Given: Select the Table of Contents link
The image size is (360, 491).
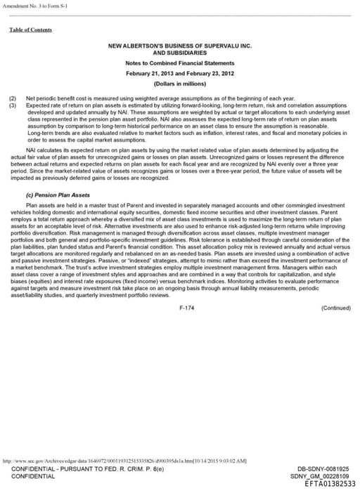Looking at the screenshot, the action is point(30,30).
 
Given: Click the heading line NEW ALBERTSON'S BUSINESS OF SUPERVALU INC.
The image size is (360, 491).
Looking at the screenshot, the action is point(179,46).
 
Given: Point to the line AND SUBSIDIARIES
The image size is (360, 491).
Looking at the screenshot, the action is point(179,53).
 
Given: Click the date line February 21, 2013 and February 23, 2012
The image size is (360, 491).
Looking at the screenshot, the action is point(179,74).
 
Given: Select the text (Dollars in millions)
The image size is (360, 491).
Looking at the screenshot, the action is point(179,84).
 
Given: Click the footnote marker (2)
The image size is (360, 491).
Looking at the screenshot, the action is point(12,98).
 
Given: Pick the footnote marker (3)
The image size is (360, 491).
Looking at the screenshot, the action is point(12,104).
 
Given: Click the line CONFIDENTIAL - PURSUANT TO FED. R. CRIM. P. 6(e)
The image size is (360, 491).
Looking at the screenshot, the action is point(89,469).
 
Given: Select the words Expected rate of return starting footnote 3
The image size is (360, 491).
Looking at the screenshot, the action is point(53,104).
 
